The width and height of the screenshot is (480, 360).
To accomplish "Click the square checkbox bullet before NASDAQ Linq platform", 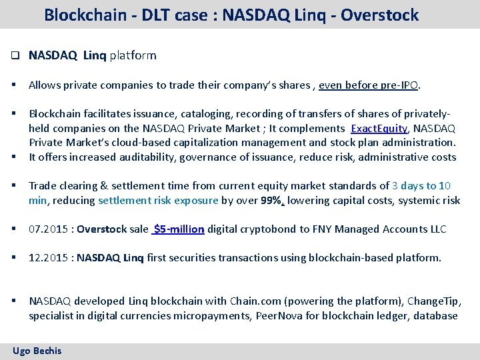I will click(x=14, y=56).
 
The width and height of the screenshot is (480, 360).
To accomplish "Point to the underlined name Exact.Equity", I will click(x=379, y=128).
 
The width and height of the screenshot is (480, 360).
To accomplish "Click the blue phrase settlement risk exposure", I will click(x=158, y=200).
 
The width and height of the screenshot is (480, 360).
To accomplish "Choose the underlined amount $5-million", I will click(x=178, y=229).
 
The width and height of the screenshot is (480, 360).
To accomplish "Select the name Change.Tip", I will click(x=433, y=301).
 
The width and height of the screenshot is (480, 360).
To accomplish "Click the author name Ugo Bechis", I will click(x=37, y=351).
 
